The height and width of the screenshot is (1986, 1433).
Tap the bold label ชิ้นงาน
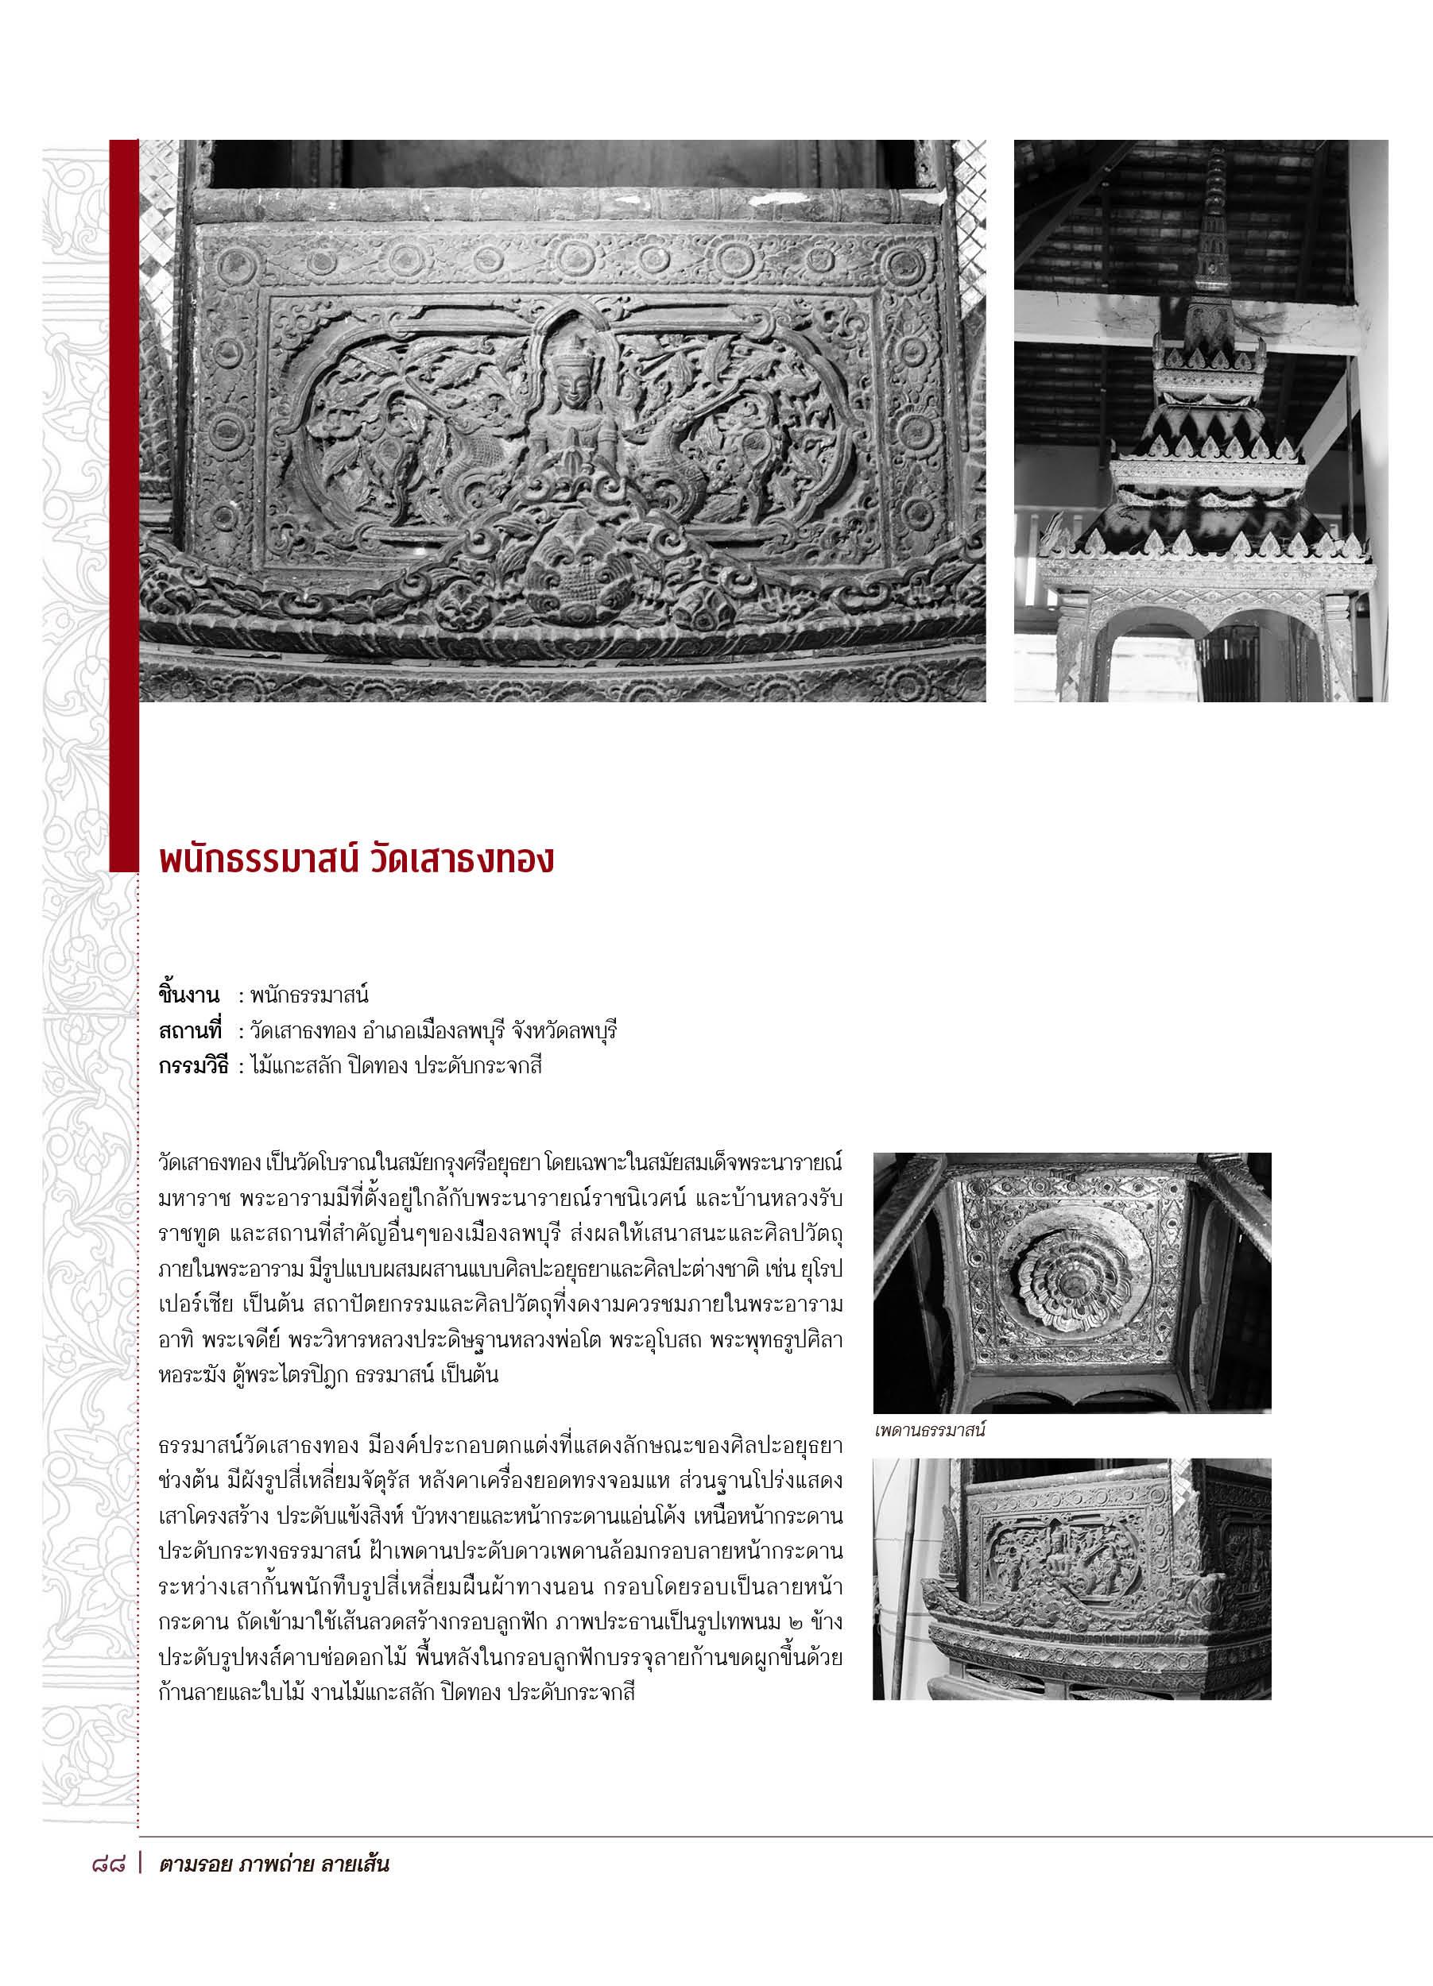coord(188,995)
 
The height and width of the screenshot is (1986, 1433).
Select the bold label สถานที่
coord(190,1030)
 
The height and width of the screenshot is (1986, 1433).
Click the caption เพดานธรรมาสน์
coord(929,1432)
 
